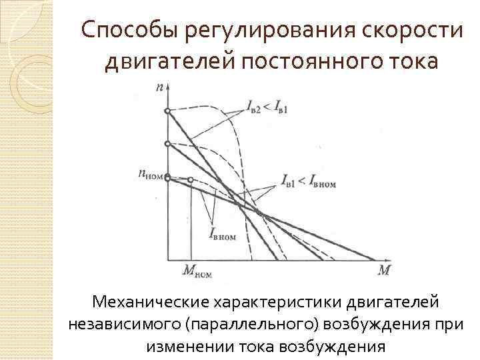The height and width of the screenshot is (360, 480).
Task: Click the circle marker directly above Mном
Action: [x=191, y=180]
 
